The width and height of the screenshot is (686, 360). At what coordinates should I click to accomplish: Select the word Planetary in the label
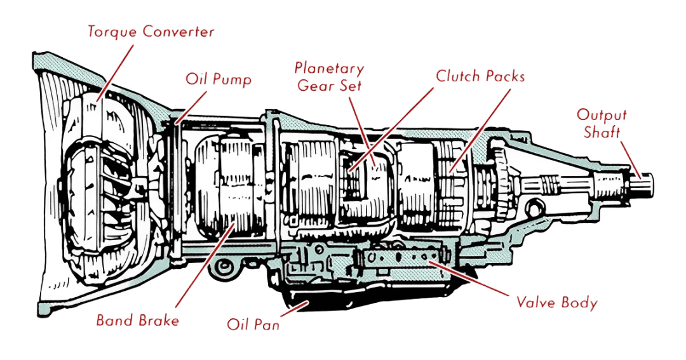(330, 69)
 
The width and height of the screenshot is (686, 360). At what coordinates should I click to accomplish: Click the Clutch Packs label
(480, 76)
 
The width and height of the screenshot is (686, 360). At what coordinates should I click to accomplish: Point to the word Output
(601, 116)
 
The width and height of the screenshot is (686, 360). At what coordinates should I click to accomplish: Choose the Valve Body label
(556, 303)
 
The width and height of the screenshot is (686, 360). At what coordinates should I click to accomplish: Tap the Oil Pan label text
(253, 325)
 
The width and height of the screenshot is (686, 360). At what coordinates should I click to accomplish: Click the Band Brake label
(137, 320)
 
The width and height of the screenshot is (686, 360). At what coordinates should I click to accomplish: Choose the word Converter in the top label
(178, 32)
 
